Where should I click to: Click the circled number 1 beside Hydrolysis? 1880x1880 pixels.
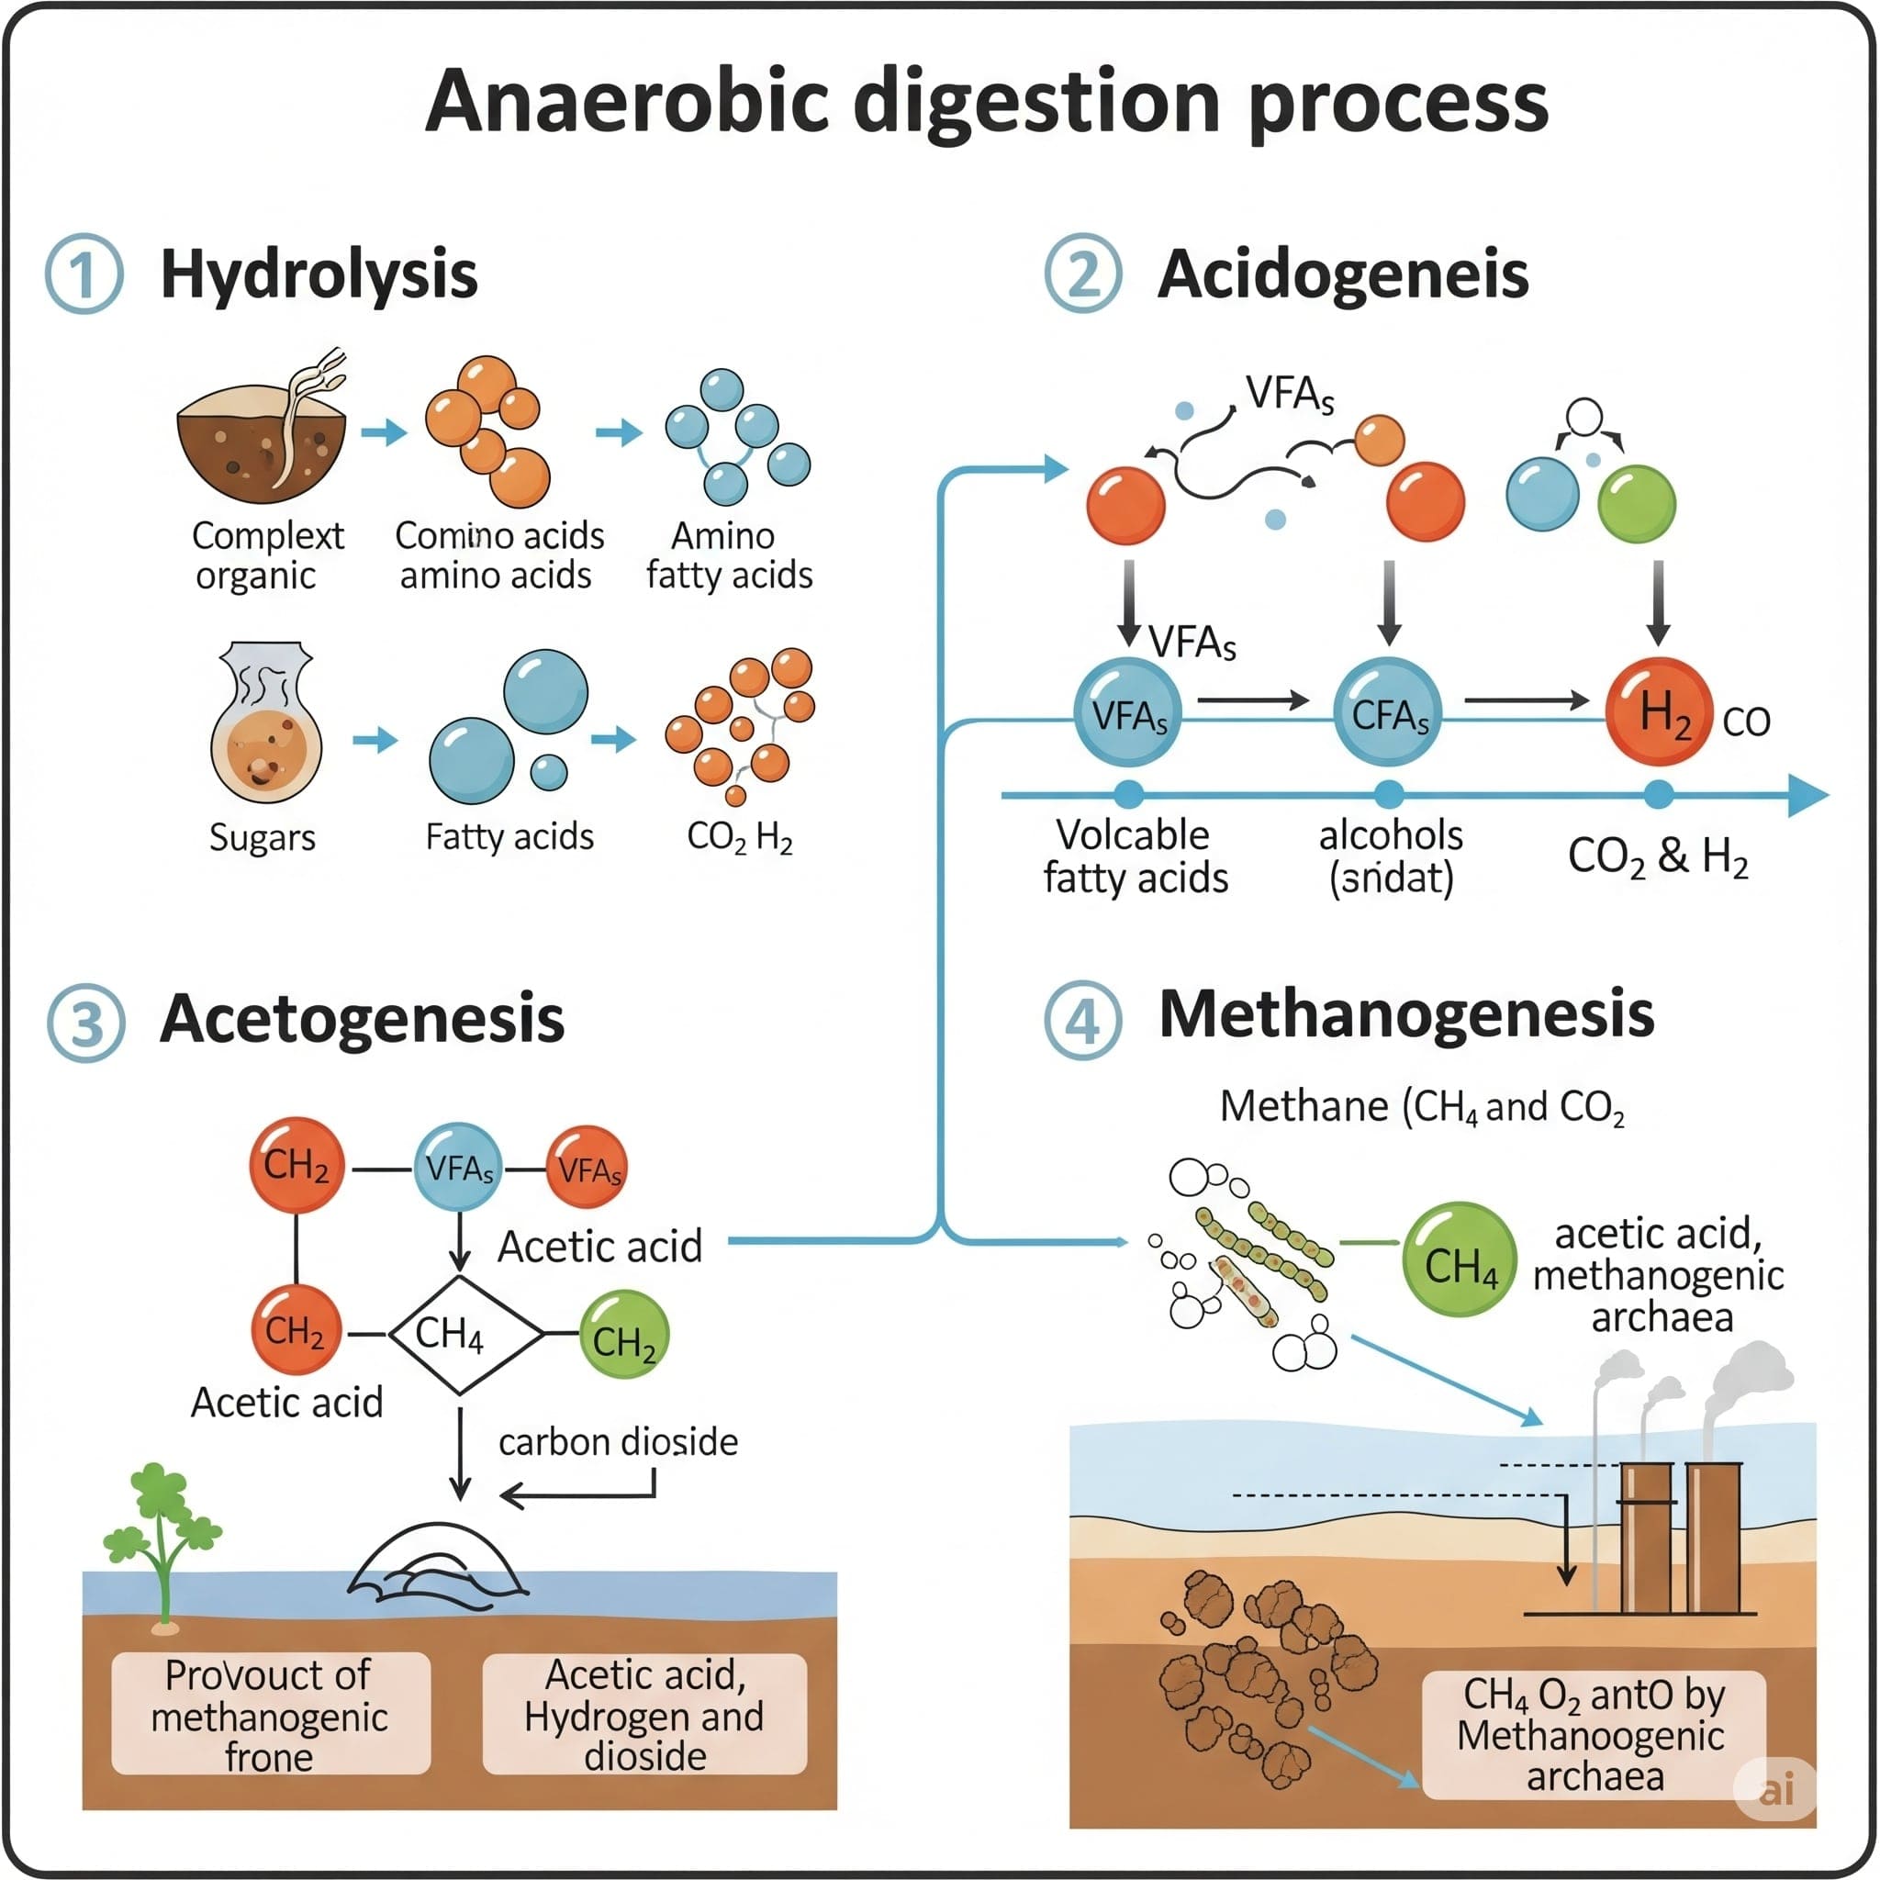84,274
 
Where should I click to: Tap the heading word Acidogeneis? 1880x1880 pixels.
1342,274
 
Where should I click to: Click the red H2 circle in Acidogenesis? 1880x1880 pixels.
1658,711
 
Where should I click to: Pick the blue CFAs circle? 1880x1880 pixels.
1388,715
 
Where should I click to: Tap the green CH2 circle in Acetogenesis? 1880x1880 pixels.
623,1335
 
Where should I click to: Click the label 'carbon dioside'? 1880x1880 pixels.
618,1442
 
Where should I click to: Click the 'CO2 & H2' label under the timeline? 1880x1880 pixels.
1657,856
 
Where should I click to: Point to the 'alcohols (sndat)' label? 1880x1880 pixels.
1391,856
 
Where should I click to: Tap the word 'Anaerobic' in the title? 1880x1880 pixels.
626,102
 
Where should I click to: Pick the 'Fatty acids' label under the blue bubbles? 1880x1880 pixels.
509,837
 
